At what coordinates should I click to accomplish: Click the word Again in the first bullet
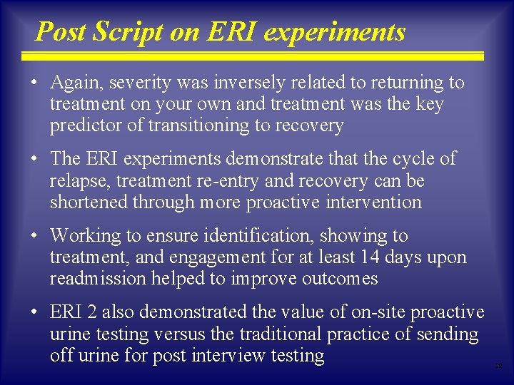click(76, 83)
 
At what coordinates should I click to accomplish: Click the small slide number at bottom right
click(499, 366)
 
